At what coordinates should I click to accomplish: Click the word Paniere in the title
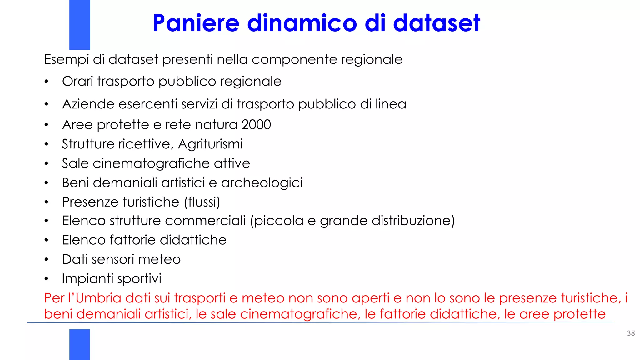pyautogui.click(x=196, y=23)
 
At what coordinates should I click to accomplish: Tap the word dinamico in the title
pyautogui.click(x=302, y=23)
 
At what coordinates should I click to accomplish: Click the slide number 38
pyautogui.click(x=631, y=333)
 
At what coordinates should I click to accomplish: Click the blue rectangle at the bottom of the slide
pyautogui.click(x=80, y=344)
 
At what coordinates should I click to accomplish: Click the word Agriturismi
pyautogui.click(x=210, y=144)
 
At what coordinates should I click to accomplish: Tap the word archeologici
pyautogui.click(x=262, y=183)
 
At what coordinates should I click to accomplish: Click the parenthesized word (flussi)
pyautogui.click(x=202, y=202)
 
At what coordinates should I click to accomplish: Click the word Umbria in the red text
pyautogui.click(x=98, y=298)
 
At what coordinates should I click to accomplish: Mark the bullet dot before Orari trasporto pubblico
pyautogui.click(x=46, y=82)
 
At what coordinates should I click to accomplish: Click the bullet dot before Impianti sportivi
pyautogui.click(x=46, y=279)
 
